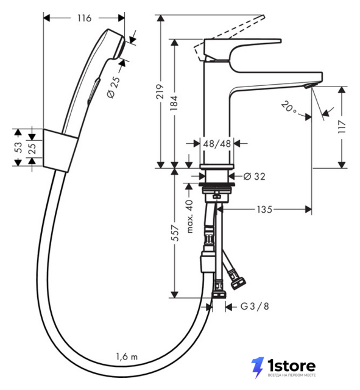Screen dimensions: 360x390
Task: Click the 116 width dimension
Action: coord(84,18)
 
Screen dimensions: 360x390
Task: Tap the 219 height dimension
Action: coord(160,91)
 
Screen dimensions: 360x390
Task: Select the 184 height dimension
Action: coord(174,103)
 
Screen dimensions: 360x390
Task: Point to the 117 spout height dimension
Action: coord(342,127)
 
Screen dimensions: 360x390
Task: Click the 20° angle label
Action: coord(289,107)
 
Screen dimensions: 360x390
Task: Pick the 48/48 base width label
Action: coord(217,144)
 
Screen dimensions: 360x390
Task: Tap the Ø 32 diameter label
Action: coord(255,176)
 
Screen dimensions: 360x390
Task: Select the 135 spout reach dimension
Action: coord(264,210)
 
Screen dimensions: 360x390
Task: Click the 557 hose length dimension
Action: coord(175,233)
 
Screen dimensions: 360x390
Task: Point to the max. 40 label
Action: coord(189,216)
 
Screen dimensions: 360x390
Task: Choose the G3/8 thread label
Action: coord(255,307)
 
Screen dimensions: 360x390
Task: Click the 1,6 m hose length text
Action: coord(127,356)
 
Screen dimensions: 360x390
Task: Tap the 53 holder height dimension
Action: coord(18,147)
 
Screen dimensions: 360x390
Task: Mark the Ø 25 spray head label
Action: coord(114,87)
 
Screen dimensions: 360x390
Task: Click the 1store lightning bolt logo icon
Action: coord(258,367)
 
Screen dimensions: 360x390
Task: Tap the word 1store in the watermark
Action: coord(291,366)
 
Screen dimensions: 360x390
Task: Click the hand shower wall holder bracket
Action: coord(60,151)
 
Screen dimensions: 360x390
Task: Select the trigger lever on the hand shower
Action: coord(94,91)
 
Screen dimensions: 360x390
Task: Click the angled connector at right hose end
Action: coord(238,281)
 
